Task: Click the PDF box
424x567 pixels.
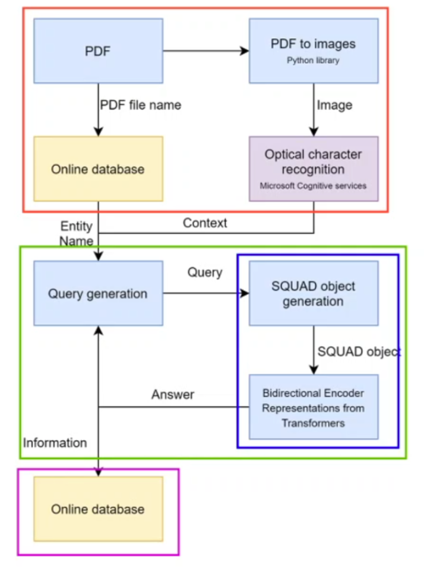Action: pyautogui.click(x=98, y=51)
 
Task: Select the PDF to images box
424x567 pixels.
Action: pyautogui.click(x=313, y=50)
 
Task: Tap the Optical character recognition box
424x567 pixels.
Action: pyautogui.click(x=313, y=169)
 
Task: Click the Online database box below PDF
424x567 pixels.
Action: pyautogui.click(x=98, y=169)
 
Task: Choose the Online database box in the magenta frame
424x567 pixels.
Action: pyautogui.click(x=98, y=509)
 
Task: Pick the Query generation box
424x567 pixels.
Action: pyautogui.click(x=98, y=293)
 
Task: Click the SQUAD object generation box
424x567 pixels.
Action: pyautogui.click(x=313, y=293)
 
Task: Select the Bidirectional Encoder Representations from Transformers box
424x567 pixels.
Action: pyautogui.click(x=313, y=407)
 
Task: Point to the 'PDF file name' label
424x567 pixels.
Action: pyautogui.click(x=140, y=106)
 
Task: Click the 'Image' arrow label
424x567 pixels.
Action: pyautogui.click(x=334, y=106)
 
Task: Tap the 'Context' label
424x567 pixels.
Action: pyautogui.click(x=205, y=223)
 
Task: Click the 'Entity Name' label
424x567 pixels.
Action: pyautogui.click(x=77, y=233)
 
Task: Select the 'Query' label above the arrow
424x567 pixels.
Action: pyautogui.click(x=205, y=273)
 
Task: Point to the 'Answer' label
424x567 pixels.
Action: pyautogui.click(x=173, y=395)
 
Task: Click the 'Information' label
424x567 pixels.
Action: pyautogui.click(x=55, y=443)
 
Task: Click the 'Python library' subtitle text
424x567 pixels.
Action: pyautogui.click(x=313, y=60)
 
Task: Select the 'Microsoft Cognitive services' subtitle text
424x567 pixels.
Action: pyautogui.click(x=313, y=186)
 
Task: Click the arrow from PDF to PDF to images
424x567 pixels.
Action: pyautogui.click(x=205, y=51)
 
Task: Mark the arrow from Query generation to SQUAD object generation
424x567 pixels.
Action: pyautogui.click(x=205, y=293)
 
